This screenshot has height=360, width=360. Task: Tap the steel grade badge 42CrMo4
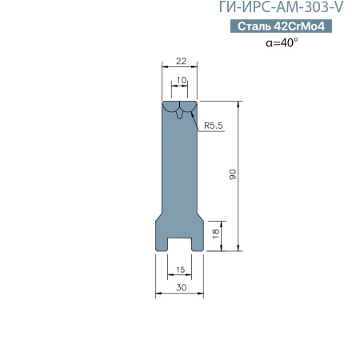(x=280, y=26)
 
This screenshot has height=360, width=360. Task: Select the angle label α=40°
(x=282, y=42)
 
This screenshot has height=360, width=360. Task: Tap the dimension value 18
(x=214, y=234)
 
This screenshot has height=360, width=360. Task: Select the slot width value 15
(x=180, y=269)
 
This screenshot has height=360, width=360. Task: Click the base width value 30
(x=180, y=287)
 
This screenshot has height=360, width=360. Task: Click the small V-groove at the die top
(x=180, y=113)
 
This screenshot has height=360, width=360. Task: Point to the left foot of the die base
(x=162, y=238)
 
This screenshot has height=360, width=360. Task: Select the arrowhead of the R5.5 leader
(x=192, y=113)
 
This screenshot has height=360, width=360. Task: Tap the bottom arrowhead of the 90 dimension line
(x=239, y=249)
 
